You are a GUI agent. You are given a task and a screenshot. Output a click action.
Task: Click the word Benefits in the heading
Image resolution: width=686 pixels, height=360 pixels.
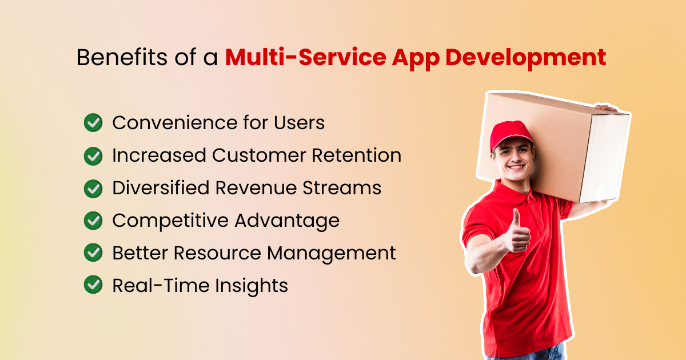click(x=122, y=57)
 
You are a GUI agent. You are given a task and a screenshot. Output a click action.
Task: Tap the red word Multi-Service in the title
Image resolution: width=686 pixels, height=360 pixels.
click(x=306, y=57)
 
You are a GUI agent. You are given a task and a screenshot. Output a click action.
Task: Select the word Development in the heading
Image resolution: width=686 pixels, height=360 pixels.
click(x=525, y=58)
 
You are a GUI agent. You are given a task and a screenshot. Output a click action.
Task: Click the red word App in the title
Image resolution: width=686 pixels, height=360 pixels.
click(x=416, y=59)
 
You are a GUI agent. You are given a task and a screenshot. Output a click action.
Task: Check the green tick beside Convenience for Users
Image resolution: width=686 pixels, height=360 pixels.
click(x=93, y=123)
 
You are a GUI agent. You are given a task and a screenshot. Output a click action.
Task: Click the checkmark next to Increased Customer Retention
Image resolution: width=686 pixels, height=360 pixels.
click(x=93, y=156)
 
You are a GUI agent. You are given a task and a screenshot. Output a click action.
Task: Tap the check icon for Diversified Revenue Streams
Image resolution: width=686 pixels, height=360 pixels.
click(x=93, y=189)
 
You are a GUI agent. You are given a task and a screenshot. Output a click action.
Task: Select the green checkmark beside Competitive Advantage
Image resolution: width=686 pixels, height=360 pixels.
click(x=93, y=221)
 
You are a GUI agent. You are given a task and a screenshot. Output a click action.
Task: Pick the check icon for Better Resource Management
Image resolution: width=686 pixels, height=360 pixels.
click(x=93, y=253)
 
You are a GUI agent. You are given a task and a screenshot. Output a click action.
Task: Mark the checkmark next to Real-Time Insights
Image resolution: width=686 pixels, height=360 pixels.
click(x=93, y=285)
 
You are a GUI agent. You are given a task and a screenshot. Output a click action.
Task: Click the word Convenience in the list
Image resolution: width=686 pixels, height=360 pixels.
click(x=175, y=123)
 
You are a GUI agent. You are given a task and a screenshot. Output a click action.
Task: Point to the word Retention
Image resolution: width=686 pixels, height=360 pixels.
click(x=357, y=155)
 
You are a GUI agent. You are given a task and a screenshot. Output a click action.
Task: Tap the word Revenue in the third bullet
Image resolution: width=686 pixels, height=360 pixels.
click(x=256, y=187)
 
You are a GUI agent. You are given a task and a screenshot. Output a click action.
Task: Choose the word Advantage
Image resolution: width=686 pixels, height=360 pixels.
click(x=287, y=221)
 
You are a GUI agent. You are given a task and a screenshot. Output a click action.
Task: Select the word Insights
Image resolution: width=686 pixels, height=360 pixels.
click(x=252, y=286)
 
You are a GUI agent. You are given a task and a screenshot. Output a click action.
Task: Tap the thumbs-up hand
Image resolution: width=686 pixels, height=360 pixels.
click(x=517, y=232)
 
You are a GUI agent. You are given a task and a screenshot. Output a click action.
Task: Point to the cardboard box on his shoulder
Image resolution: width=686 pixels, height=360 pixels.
click(x=553, y=147)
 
